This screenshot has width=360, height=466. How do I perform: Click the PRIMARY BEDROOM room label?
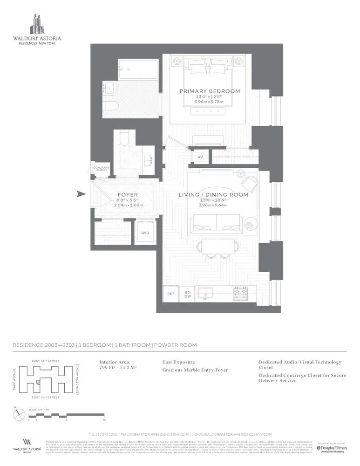pos(210,91)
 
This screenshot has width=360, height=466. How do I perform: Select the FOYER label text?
pos(127,195)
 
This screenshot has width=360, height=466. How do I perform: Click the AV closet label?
pos(200,157)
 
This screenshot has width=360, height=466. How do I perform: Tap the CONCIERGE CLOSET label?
pos(101,169)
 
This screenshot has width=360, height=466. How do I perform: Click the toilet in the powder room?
pos(124,137)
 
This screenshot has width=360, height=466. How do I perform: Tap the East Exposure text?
pos(179,362)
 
